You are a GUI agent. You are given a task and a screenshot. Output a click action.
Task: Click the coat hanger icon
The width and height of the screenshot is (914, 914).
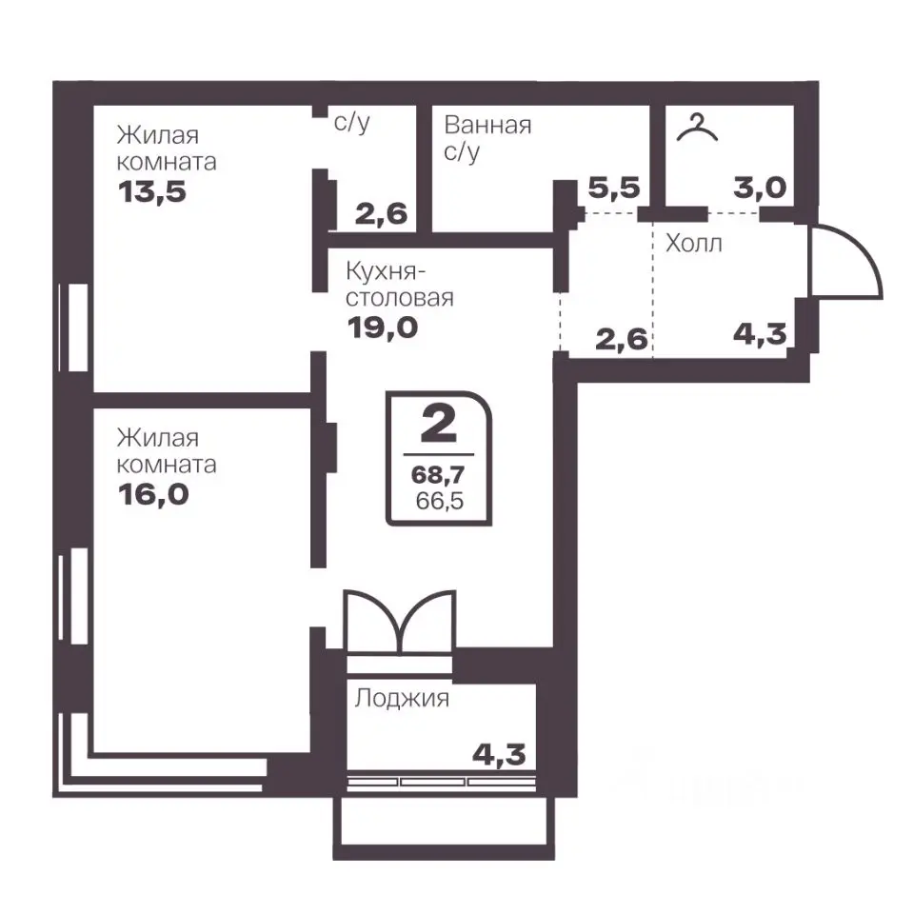pos(697,128)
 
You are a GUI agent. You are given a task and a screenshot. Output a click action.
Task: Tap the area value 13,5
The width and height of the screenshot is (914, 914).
pos(152,191)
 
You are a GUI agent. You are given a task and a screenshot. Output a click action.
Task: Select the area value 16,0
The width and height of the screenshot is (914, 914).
pos(153,494)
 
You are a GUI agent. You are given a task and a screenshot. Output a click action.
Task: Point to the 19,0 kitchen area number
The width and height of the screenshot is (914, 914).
pos(383,328)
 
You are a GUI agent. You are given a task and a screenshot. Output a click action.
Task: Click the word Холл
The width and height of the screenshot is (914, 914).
pos(694,243)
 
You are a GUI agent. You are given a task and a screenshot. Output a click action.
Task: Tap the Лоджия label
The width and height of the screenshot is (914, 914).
pos(402,698)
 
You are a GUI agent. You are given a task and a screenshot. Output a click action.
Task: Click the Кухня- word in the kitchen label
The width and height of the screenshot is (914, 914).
pos(386,271)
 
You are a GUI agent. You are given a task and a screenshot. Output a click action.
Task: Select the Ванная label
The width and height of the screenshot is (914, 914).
pos(487,126)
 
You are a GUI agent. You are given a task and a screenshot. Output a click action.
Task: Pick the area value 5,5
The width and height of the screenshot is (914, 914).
pos(614,188)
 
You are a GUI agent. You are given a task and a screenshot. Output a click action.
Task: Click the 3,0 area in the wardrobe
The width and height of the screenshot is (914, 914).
pos(760,188)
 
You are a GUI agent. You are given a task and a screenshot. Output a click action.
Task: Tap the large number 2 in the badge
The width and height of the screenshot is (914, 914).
pos(438,424)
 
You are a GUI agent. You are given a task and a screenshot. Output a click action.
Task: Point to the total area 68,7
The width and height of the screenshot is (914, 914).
pos(438,475)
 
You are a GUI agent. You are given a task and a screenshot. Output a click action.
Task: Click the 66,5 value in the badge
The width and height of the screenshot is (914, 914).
pos(440,501)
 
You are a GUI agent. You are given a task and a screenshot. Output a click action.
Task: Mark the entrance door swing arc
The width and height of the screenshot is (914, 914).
pos(864,249)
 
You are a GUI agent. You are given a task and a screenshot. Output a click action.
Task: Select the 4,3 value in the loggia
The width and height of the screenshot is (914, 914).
pos(499,755)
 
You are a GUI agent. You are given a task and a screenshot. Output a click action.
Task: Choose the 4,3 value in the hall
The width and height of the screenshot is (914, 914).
pos(760,334)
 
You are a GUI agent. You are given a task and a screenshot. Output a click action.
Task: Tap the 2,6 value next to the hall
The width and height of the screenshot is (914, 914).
pos(622,339)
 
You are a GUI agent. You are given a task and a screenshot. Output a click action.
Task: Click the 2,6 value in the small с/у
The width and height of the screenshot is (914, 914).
pos(381,214)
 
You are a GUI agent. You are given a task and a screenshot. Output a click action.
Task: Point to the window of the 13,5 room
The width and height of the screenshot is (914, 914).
pos(74,328)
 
